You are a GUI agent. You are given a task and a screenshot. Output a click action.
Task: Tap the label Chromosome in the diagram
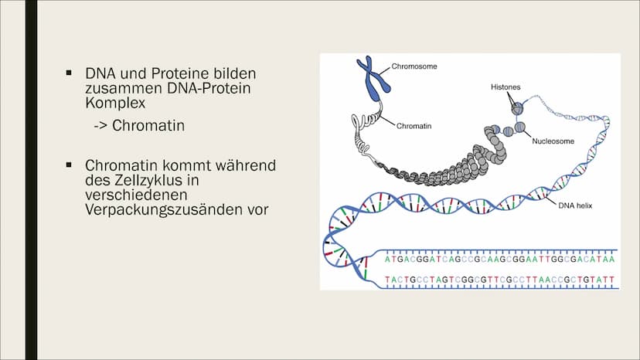click(x=414, y=66)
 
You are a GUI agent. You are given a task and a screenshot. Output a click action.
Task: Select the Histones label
click(x=506, y=87)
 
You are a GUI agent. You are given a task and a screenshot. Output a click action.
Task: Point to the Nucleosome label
click(x=553, y=141)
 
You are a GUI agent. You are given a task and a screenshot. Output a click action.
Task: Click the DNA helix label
click(x=575, y=205)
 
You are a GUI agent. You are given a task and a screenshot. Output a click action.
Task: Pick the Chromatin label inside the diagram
click(x=414, y=126)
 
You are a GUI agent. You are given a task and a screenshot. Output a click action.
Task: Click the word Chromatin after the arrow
click(x=148, y=125)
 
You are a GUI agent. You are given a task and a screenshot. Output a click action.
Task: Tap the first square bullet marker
click(x=69, y=73)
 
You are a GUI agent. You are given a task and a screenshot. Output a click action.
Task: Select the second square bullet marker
click(x=69, y=165)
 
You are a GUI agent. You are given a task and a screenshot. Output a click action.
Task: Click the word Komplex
click(x=115, y=103)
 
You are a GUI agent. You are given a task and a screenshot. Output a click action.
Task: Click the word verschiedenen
click(x=136, y=195)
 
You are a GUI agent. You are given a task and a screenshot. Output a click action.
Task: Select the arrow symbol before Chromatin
click(x=100, y=126)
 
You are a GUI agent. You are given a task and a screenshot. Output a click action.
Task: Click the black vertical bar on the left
click(x=31, y=180)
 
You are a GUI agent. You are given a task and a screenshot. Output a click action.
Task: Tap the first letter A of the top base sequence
click(x=388, y=259)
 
